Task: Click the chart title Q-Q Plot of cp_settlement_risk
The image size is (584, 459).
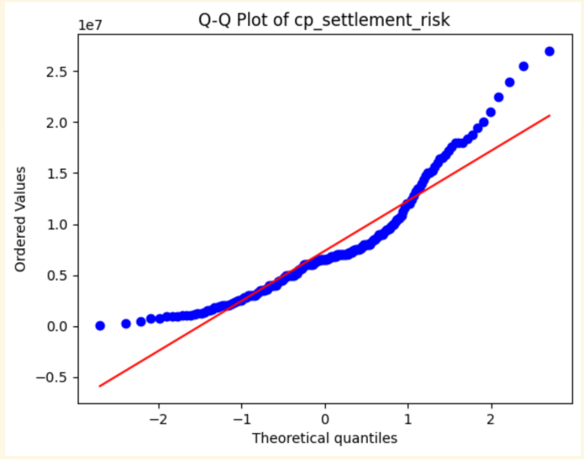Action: tap(324, 20)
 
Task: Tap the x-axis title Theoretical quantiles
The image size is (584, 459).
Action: tap(325, 439)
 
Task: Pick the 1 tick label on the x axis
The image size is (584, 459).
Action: tap(408, 419)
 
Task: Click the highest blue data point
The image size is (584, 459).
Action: tap(549, 51)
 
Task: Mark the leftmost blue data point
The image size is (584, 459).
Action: tap(100, 326)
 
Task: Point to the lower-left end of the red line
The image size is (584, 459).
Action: tap(100, 386)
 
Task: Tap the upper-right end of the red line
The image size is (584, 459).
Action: tap(549, 115)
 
